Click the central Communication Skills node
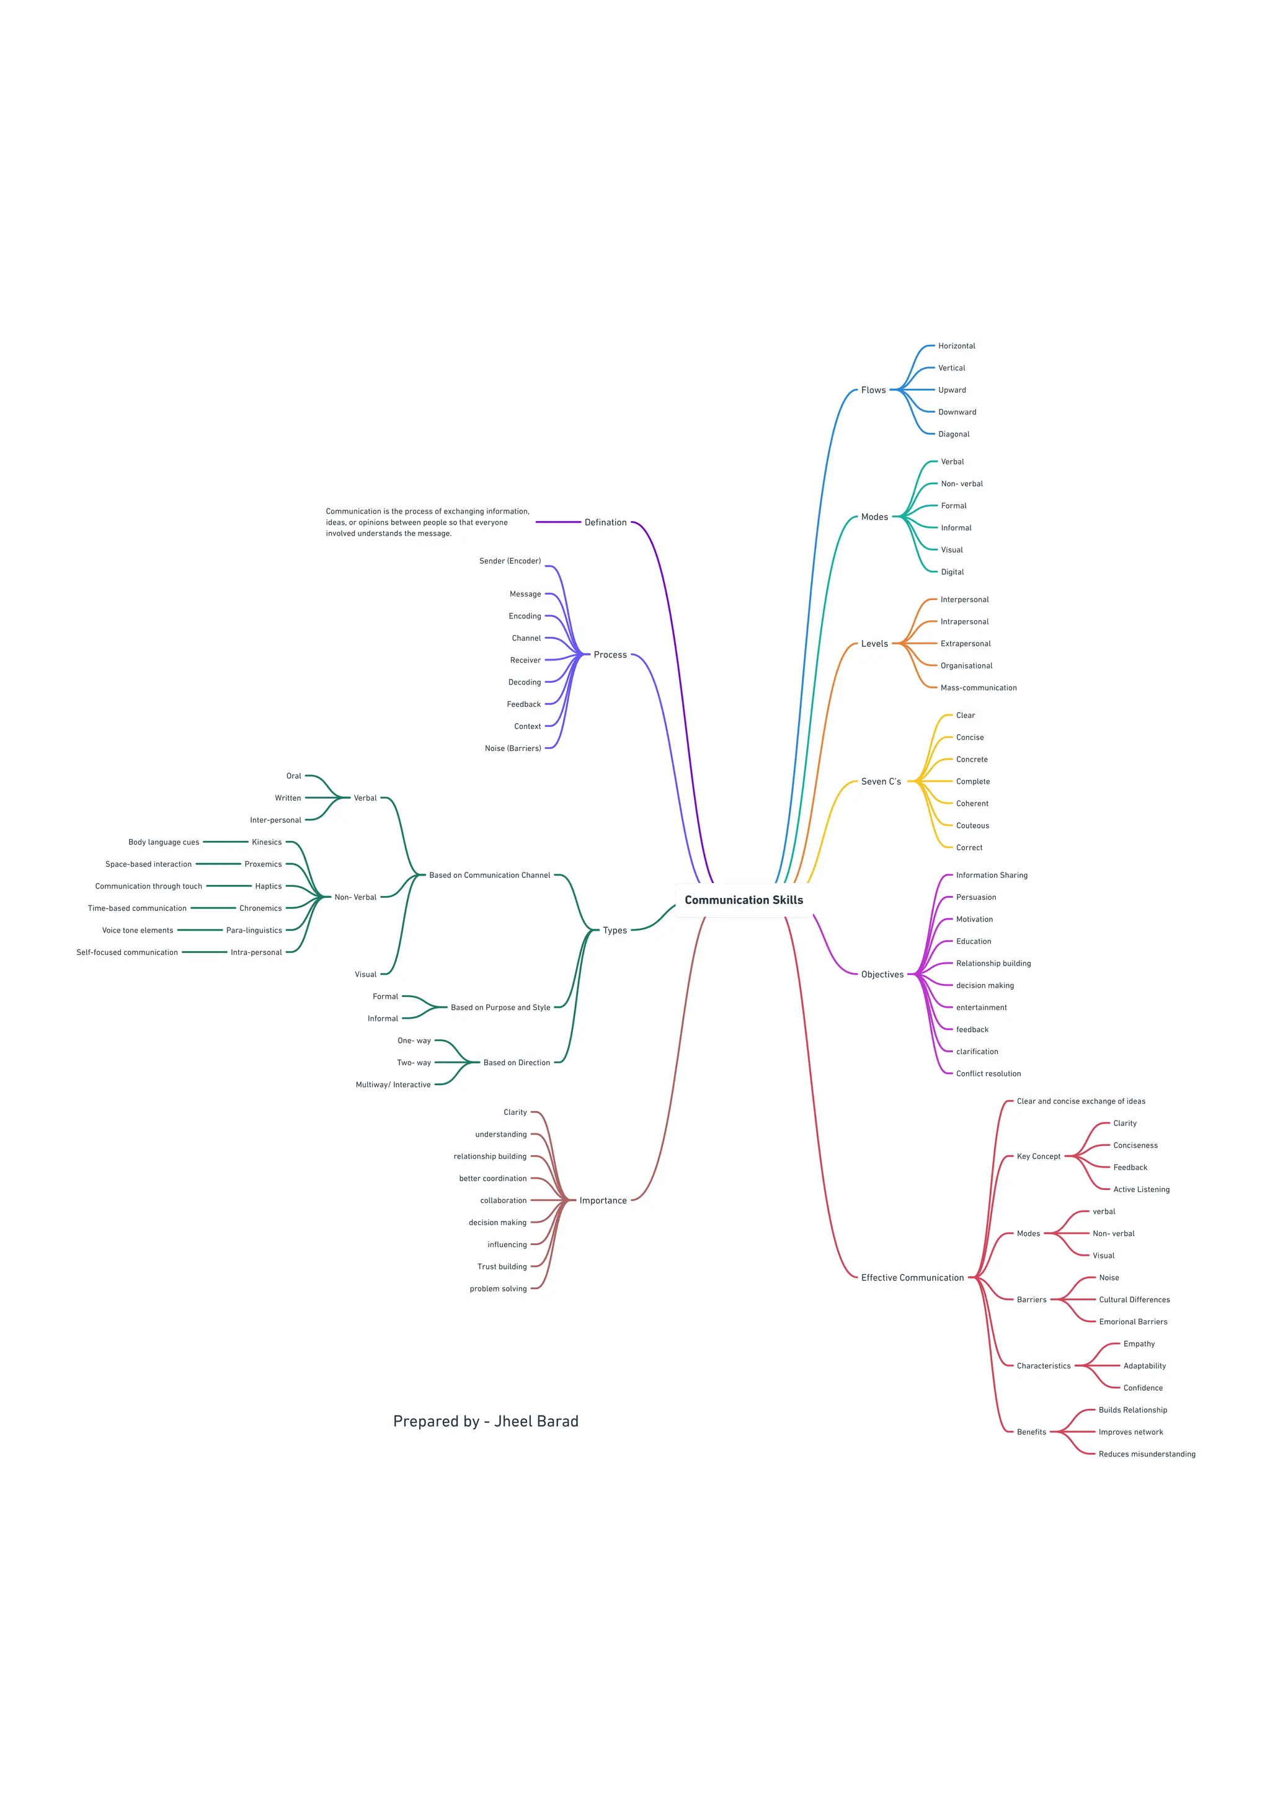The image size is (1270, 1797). point(744,900)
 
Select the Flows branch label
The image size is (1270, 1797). point(873,390)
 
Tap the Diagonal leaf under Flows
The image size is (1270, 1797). point(953,435)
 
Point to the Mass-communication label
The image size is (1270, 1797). point(978,688)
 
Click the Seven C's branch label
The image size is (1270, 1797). point(881,782)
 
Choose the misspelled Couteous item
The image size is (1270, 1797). point(972,826)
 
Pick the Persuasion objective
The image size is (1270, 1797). point(976,898)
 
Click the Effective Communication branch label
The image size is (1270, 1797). point(912,1278)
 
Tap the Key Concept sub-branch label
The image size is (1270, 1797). point(1038,1157)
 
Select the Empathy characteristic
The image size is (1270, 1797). point(1139,1344)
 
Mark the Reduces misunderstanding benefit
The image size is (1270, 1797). point(1147,1454)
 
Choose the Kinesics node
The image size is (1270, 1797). point(266,843)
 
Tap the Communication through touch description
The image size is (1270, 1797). point(149,887)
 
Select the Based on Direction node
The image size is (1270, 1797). point(517,1063)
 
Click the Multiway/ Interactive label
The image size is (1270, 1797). point(393,1085)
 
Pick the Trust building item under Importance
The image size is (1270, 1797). point(502,1267)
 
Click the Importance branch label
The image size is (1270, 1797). point(603,1200)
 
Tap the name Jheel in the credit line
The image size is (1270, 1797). point(513,1422)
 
